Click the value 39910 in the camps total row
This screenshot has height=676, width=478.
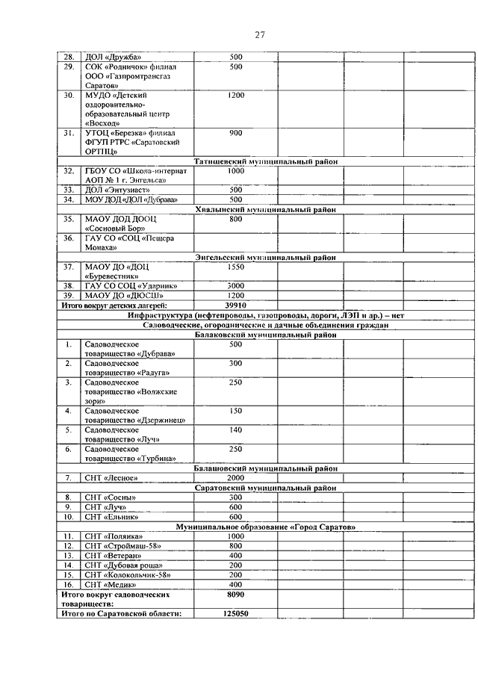click(x=236, y=305)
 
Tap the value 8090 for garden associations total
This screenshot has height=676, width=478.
click(x=236, y=594)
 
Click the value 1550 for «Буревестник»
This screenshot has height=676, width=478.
click(x=236, y=267)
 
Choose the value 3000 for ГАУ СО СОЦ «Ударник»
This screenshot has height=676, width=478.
click(x=236, y=286)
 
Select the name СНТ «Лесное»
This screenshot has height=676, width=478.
click(x=111, y=478)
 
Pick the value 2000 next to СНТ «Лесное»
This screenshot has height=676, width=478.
click(x=236, y=478)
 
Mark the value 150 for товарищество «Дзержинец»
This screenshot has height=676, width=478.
click(x=236, y=411)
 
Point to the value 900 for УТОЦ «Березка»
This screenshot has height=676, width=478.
click(x=236, y=133)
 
